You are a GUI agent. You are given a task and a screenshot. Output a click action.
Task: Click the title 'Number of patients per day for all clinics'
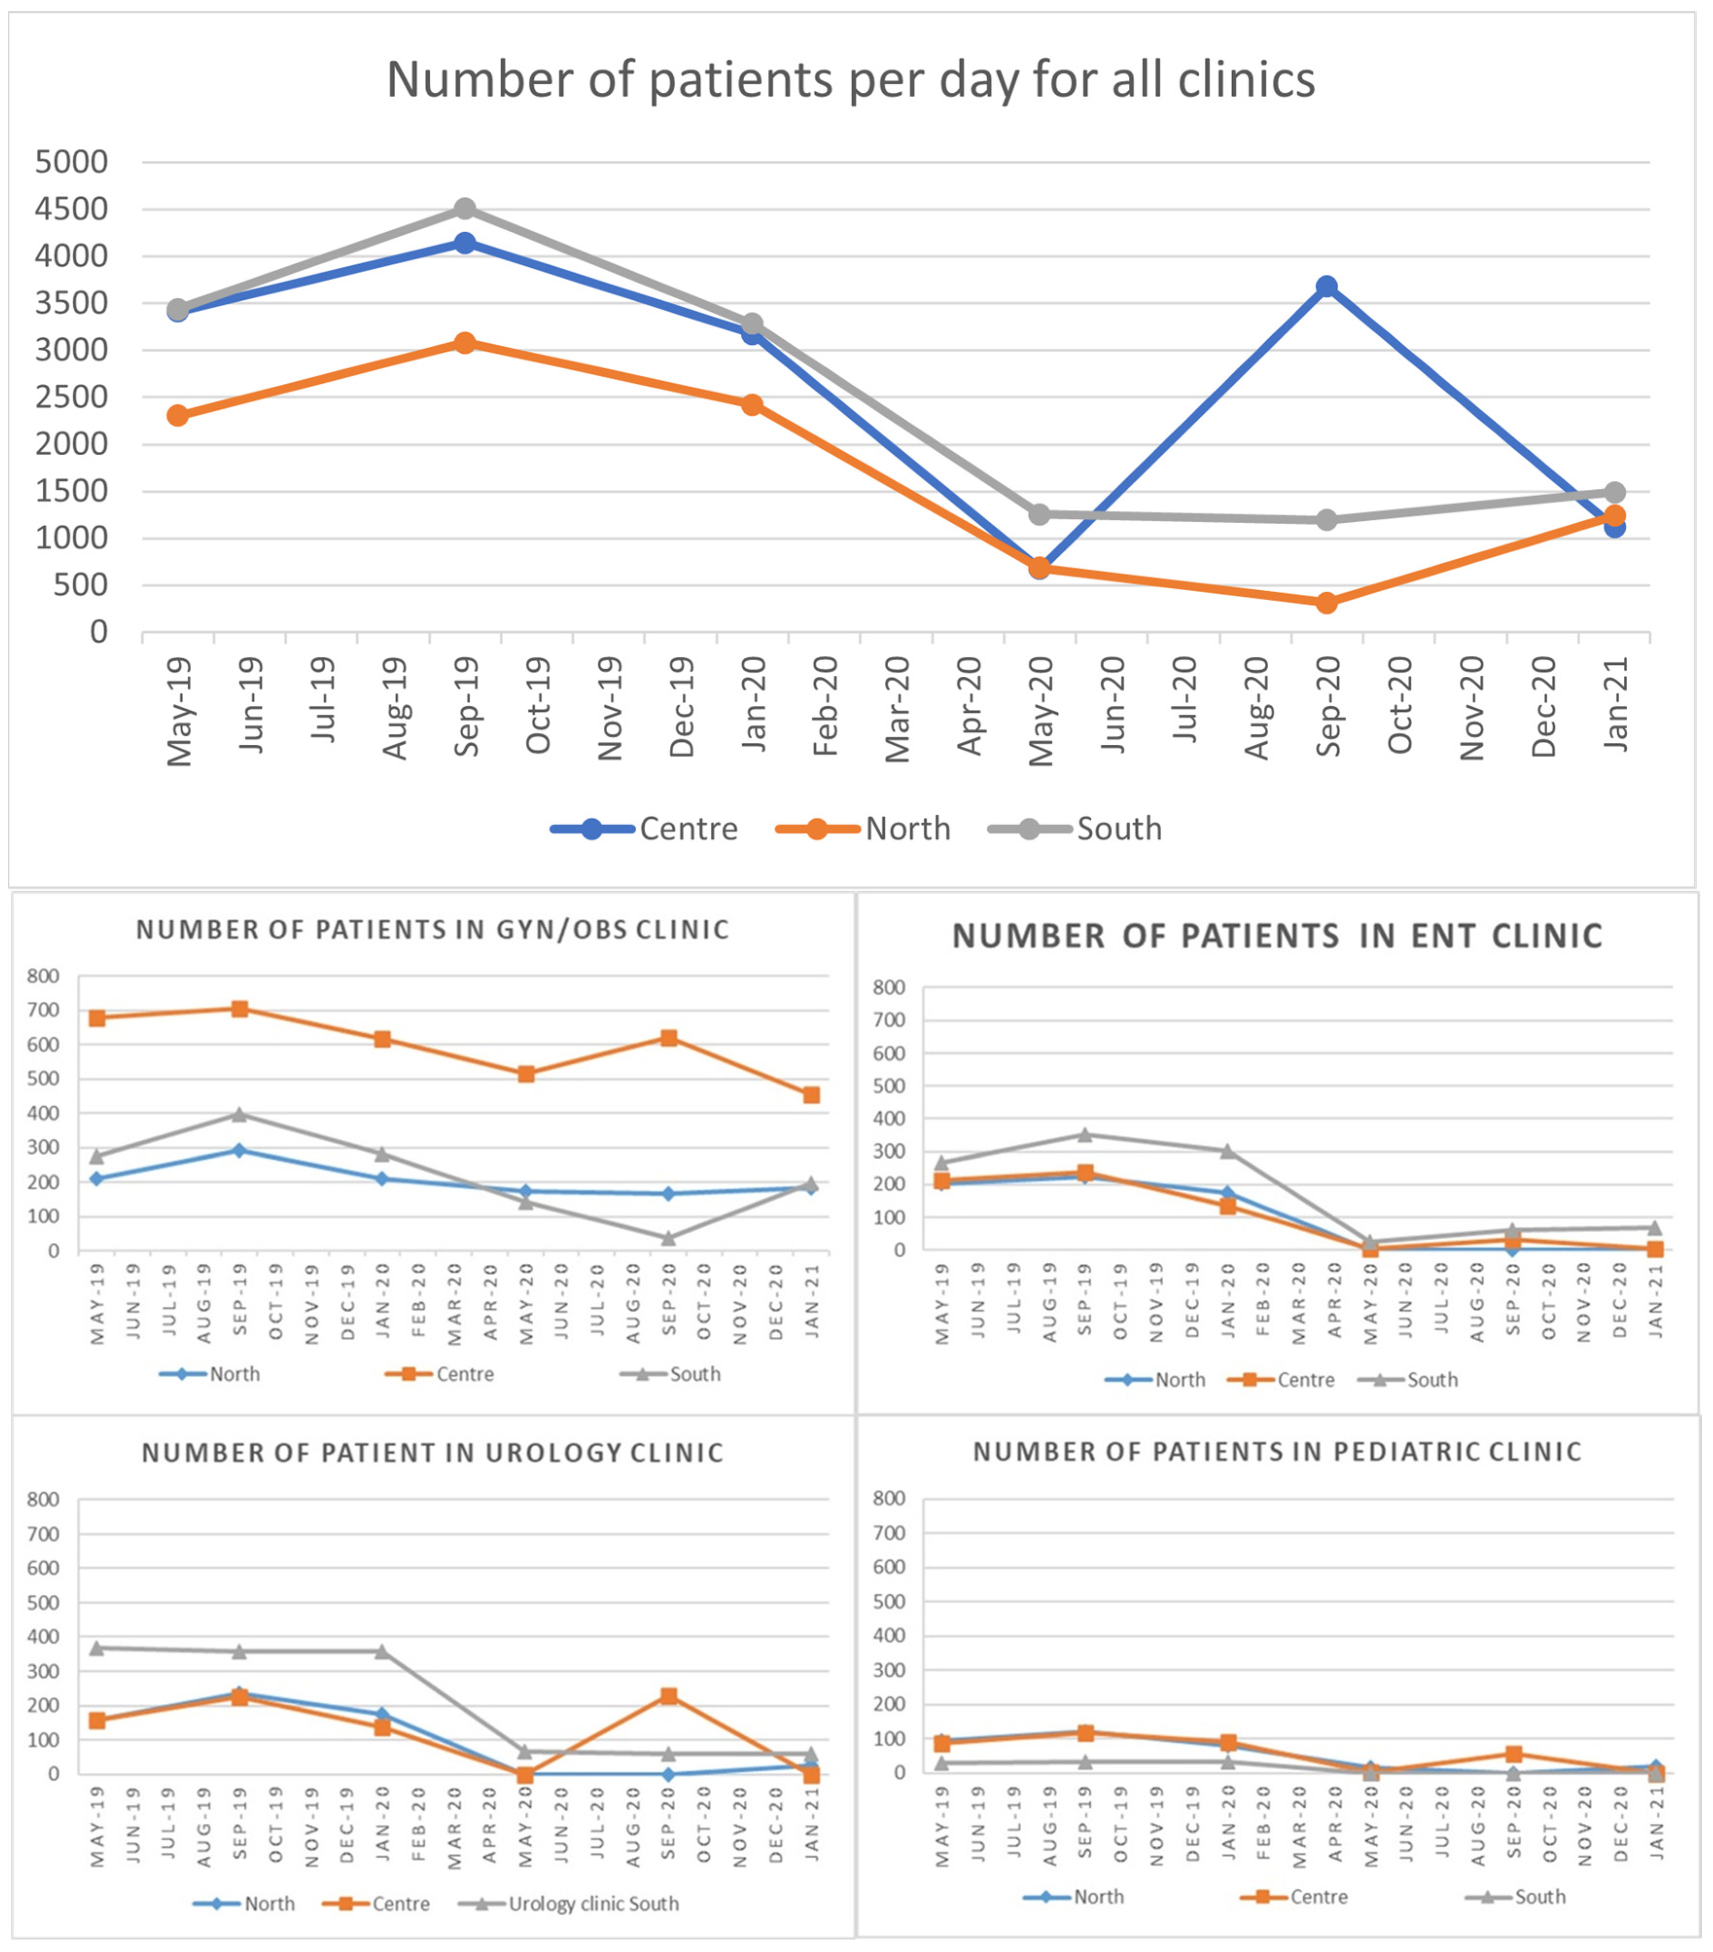click(x=850, y=79)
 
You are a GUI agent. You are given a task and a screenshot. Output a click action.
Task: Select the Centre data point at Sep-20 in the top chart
click(x=1326, y=287)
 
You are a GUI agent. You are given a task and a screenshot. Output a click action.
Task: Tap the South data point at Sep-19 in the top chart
click(x=465, y=209)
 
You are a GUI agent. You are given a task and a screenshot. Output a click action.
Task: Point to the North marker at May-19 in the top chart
click(x=178, y=415)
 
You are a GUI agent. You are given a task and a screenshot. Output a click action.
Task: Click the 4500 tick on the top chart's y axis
click(x=71, y=209)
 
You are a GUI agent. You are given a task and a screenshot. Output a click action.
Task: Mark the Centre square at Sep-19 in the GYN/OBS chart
click(x=240, y=1009)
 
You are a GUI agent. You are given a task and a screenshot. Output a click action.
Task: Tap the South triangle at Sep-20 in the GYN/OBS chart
click(x=669, y=1238)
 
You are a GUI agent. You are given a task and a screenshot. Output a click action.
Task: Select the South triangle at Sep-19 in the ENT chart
click(x=1084, y=1134)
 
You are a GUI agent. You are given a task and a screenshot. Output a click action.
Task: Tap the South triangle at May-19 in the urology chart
click(x=97, y=1647)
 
